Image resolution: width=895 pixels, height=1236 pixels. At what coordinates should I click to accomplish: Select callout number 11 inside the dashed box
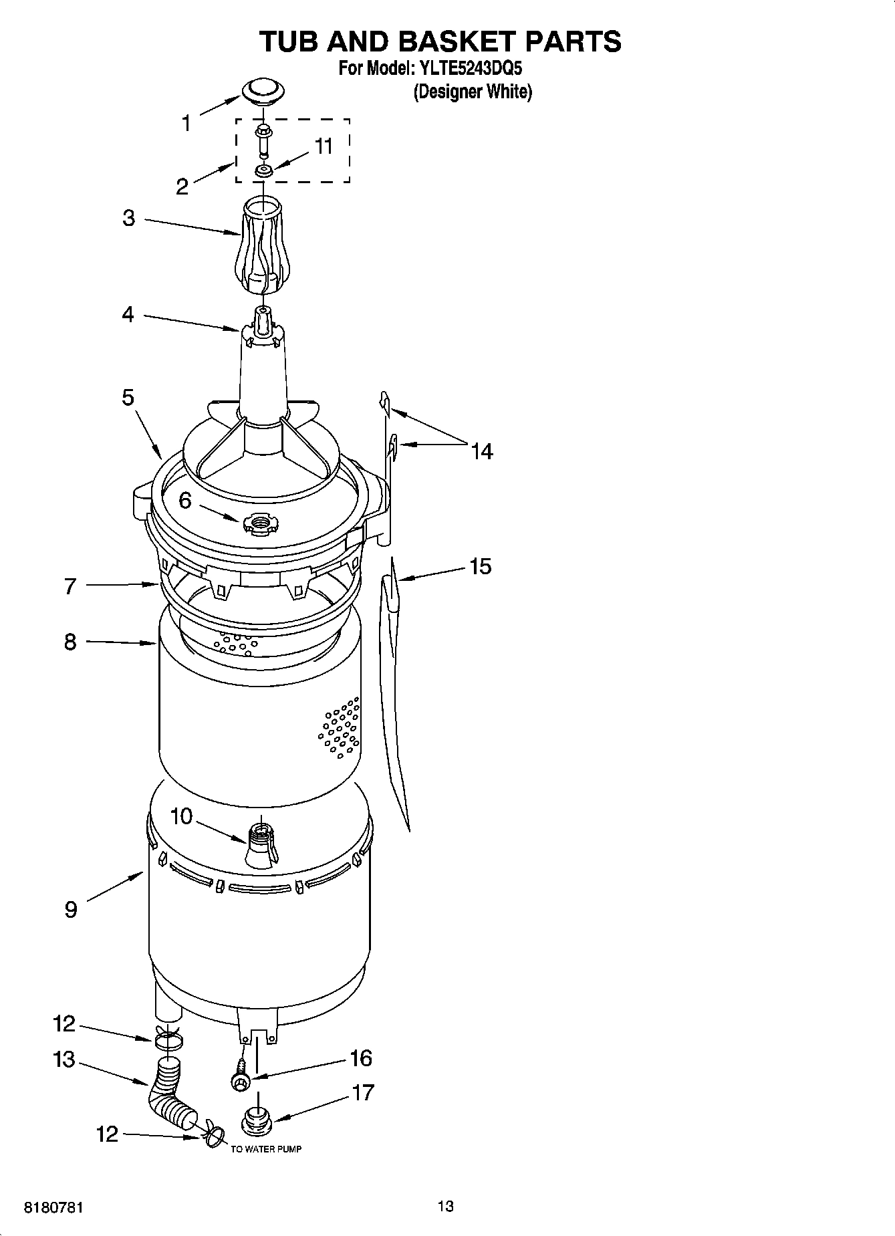(324, 146)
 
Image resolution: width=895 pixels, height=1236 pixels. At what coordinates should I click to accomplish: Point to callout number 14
(481, 452)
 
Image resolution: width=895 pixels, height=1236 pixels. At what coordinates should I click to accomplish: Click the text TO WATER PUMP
(266, 1149)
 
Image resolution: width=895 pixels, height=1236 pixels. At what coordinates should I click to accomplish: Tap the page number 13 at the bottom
(446, 1206)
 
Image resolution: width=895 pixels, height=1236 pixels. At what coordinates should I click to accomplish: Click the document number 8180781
(53, 1208)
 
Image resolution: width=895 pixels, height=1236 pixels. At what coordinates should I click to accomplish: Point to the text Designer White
(473, 92)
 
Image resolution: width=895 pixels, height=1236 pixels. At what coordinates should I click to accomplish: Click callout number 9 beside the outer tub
(71, 910)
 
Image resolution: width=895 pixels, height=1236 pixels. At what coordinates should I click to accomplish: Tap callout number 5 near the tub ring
(128, 398)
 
